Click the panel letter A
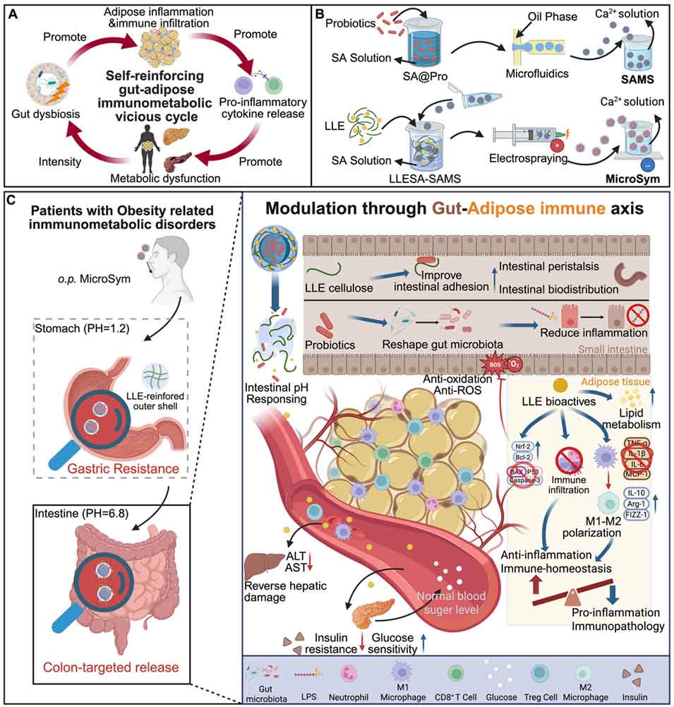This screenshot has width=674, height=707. coord(12,11)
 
